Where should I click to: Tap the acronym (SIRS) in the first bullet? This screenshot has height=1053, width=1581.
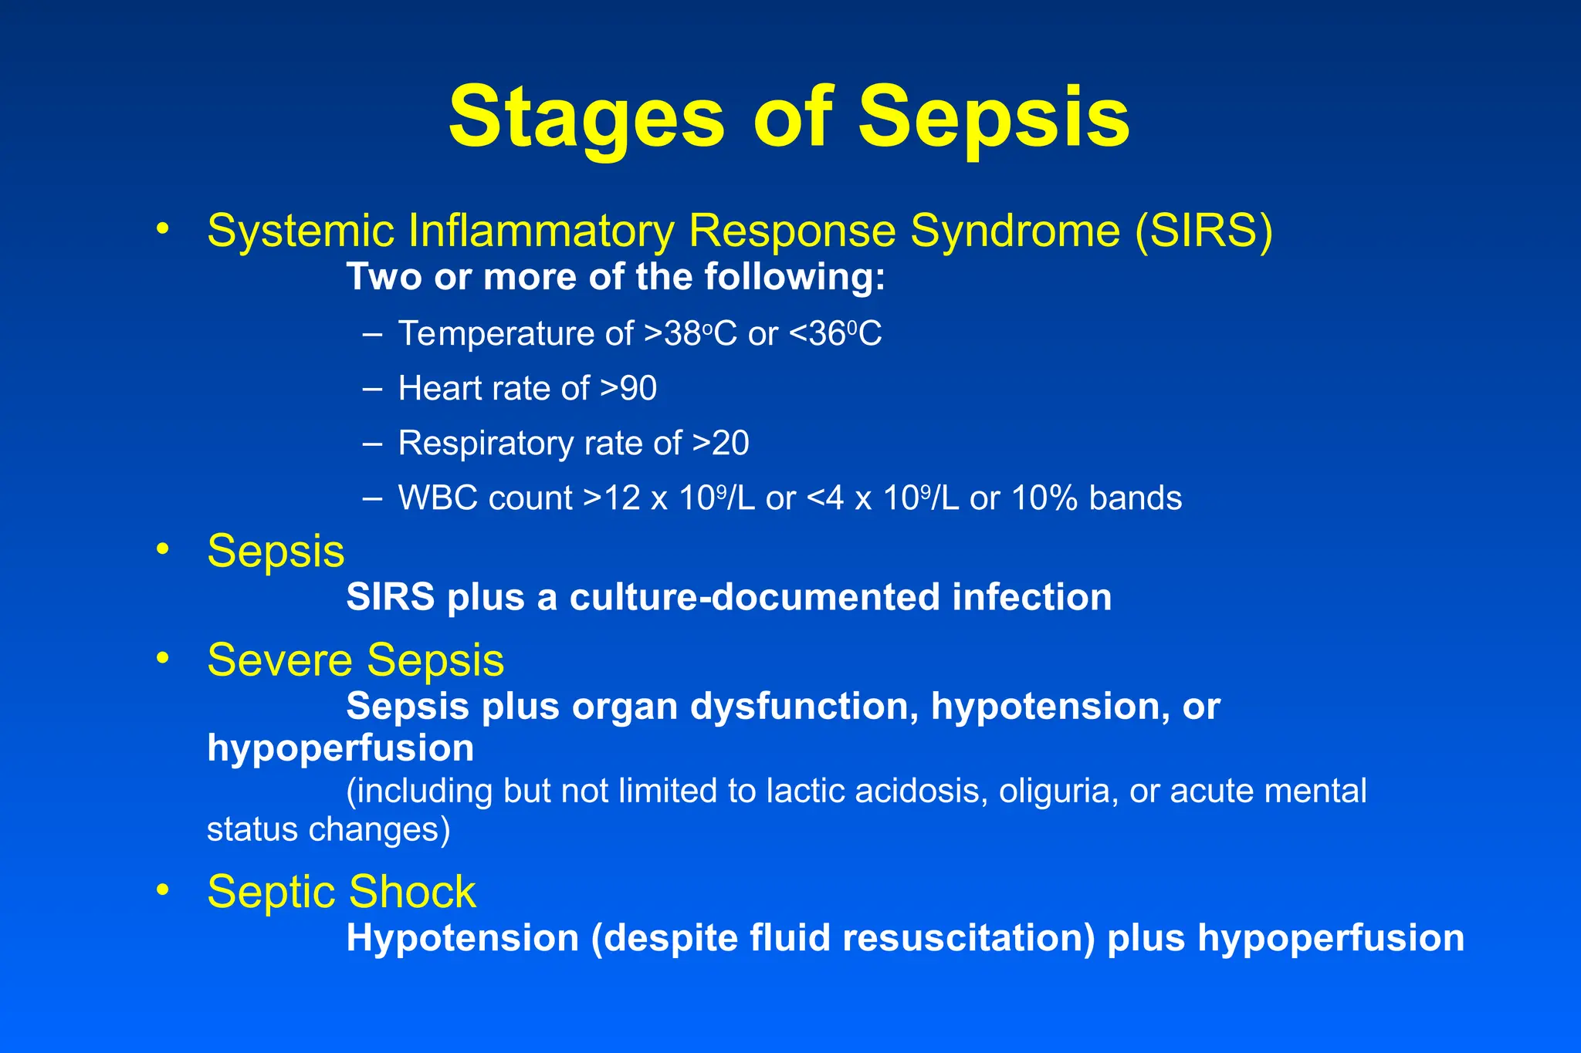pyautogui.click(x=1204, y=231)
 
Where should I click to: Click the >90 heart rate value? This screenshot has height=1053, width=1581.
pyautogui.click(x=628, y=388)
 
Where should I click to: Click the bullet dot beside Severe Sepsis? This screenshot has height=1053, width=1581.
pyautogui.click(x=162, y=658)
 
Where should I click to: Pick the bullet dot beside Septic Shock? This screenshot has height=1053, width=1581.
pyautogui.click(x=162, y=889)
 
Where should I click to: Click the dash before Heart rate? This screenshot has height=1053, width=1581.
pyautogui.click(x=372, y=389)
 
